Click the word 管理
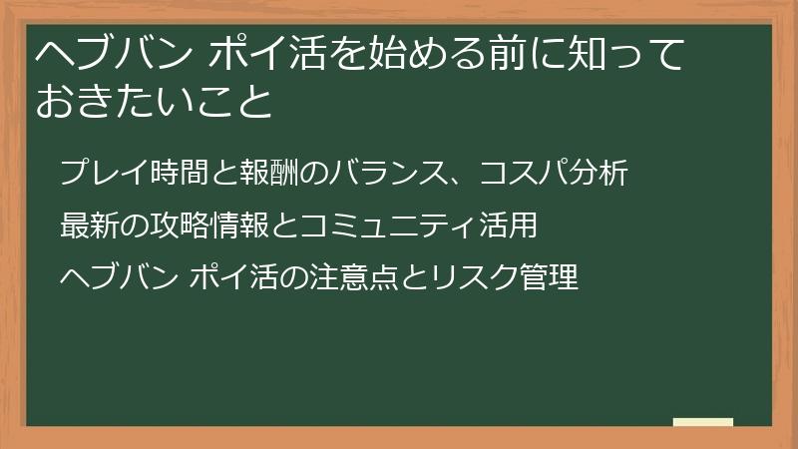click(553, 276)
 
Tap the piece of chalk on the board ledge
click(703, 423)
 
